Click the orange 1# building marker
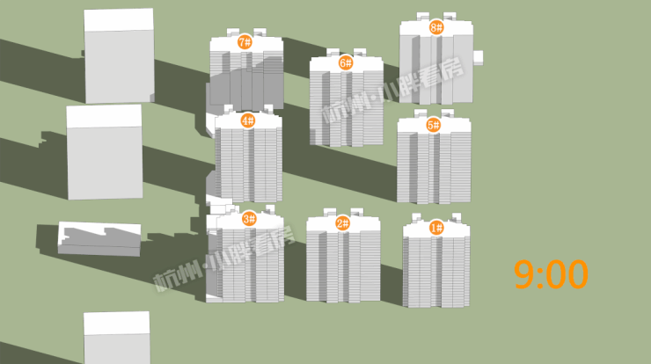click(436, 228)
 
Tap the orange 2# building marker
click(343, 223)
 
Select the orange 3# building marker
click(249, 219)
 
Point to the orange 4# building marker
click(248, 120)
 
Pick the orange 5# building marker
click(433, 125)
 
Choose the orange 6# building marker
click(346, 62)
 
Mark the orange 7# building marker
click(245, 42)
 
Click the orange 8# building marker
click(436, 28)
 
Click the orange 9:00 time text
click(551, 274)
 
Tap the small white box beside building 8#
click(478, 58)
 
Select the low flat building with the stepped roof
click(99, 238)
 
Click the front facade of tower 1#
click(436, 272)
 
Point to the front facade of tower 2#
click(343, 266)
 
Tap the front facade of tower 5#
click(434, 167)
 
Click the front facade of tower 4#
click(249, 164)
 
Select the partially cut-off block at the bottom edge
click(117, 338)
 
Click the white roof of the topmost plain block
click(119, 19)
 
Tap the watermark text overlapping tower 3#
click(224, 258)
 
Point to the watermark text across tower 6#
click(392, 90)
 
